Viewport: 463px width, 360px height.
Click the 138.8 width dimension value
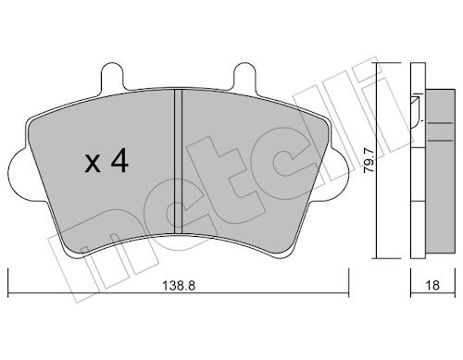(x=179, y=286)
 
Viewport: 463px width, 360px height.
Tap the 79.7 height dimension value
(x=369, y=161)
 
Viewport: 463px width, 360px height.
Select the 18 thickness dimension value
(x=432, y=286)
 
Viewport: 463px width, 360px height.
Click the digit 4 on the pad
(x=119, y=160)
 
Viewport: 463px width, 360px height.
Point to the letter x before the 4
(x=93, y=164)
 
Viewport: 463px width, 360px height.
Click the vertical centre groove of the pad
(x=178, y=161)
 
